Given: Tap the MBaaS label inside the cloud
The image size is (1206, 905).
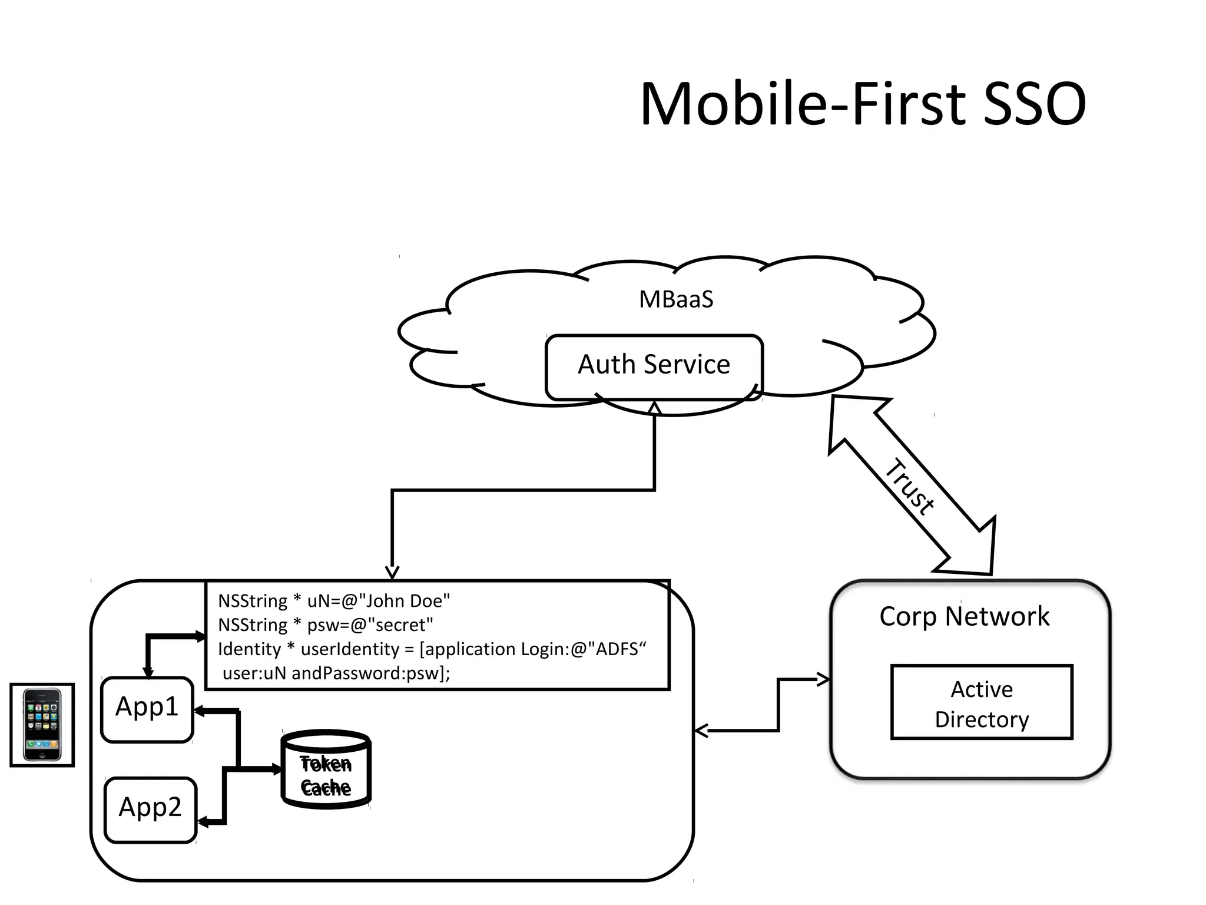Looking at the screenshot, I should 676,299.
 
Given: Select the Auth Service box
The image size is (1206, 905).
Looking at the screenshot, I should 654,365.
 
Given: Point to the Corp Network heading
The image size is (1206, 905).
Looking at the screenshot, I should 964,617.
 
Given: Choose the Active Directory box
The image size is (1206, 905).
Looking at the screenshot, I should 982,702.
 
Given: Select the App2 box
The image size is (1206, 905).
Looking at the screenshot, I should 150,808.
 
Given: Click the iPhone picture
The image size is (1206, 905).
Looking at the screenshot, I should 42,725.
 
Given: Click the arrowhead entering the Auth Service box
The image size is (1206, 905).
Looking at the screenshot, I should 654,408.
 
